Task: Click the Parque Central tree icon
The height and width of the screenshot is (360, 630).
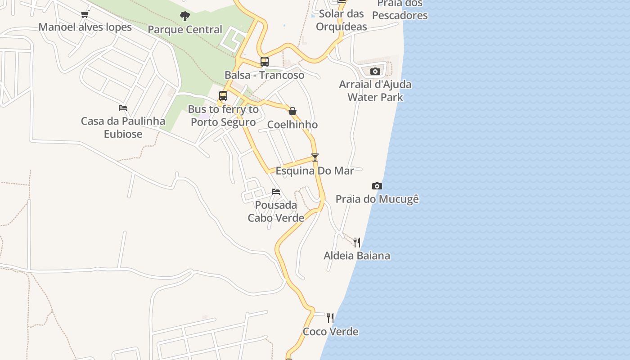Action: pyautogui.click(x=184, y=17)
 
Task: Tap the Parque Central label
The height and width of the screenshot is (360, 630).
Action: pyautogui.click(x=185, y=30)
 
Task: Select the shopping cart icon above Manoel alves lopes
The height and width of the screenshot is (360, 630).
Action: pyautogui.click(x=85, y=14)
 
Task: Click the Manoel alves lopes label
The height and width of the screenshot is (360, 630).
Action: pyautogui.click(x=85, y=27)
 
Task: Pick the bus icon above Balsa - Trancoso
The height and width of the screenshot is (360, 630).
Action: pyautogui.click(x=265, y=62)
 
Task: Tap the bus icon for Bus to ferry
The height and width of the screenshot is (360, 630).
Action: pyautogui.click(x=223, y=96)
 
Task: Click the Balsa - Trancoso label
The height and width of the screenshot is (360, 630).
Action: pyautogui.click(x=265, y=75)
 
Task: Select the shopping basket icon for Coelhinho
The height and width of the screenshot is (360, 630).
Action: pyautogui.click(x=292, y=111)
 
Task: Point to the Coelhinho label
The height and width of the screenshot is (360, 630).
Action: pyautogui.click(x=292, y=125)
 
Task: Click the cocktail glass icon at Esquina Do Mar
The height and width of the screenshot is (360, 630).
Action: pyautogui.click(x=315, y=157)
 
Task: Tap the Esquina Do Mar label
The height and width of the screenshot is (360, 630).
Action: pyautogui.click(x=315, y=171)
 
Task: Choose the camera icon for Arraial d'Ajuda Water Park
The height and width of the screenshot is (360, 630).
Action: pyautogui.click(x=375, y=71)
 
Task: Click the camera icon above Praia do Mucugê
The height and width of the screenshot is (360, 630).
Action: pyautogui.click(x=377, y=186)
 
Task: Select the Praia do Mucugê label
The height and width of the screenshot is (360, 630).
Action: pyautogui.click(x=377, y=199)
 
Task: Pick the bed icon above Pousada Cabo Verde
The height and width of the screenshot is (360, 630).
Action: pyautogui.click(x=276, y=192)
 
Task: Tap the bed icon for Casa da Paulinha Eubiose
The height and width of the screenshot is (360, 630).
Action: pyautogui.click(x=123, y=108)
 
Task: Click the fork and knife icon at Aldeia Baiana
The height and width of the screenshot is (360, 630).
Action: pyautogui.click(x=357, y=243)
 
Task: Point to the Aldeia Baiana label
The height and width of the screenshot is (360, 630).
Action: pyautogui.click(x=357, y=256)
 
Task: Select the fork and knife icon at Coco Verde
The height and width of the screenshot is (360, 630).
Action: pyautogui.click(x=330, y=318)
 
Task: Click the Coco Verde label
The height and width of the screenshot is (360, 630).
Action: pyautogui.click(x=330, y=332)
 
